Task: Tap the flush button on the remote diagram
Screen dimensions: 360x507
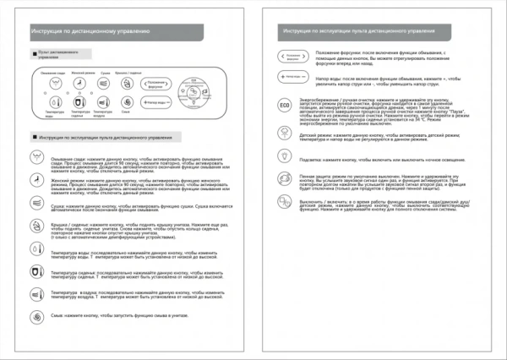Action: [125, 101]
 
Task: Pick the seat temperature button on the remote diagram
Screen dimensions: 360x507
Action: [79, 101]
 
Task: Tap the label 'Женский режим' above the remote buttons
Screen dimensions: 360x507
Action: [79, 74]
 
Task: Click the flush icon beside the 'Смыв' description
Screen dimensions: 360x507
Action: [36, 314]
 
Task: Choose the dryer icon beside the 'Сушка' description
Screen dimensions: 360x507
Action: [36, 204]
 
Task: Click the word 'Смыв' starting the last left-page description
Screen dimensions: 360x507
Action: [56, 314]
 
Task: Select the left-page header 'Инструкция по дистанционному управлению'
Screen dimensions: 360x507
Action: [90, 31]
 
